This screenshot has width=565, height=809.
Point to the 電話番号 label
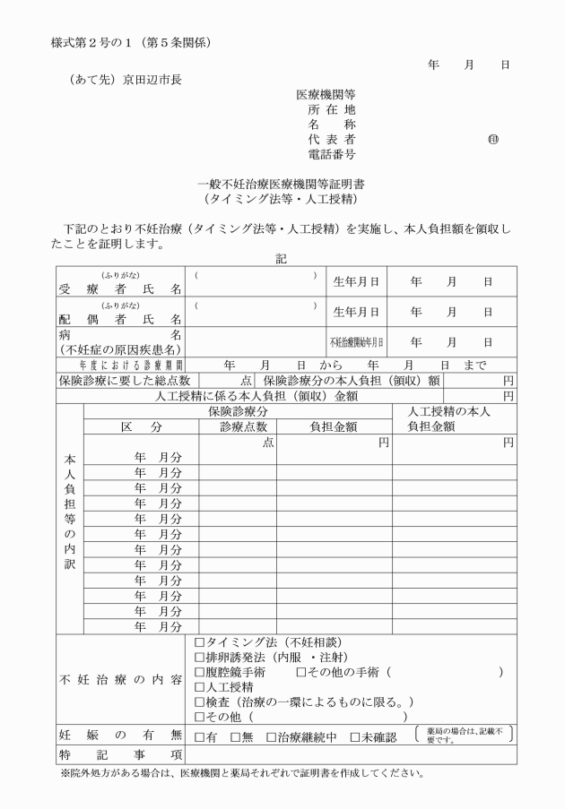click(331, 155)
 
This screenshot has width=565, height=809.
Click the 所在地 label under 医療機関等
click(331, 109)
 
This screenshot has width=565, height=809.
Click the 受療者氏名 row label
click(120, 289)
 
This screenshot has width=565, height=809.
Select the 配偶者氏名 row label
click(120, 319)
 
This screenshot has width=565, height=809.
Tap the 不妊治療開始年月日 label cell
click(356, 342)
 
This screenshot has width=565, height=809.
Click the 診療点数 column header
click(238, 426)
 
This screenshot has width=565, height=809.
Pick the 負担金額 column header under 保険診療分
click(334, 426)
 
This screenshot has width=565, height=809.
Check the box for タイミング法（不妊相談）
click(199, 642)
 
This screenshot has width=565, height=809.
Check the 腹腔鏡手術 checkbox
click(199, 672)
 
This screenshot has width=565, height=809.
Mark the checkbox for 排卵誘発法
click(199, 658)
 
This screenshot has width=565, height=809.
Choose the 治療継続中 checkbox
click(272, 737)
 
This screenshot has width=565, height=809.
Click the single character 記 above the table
click(282, 258)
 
